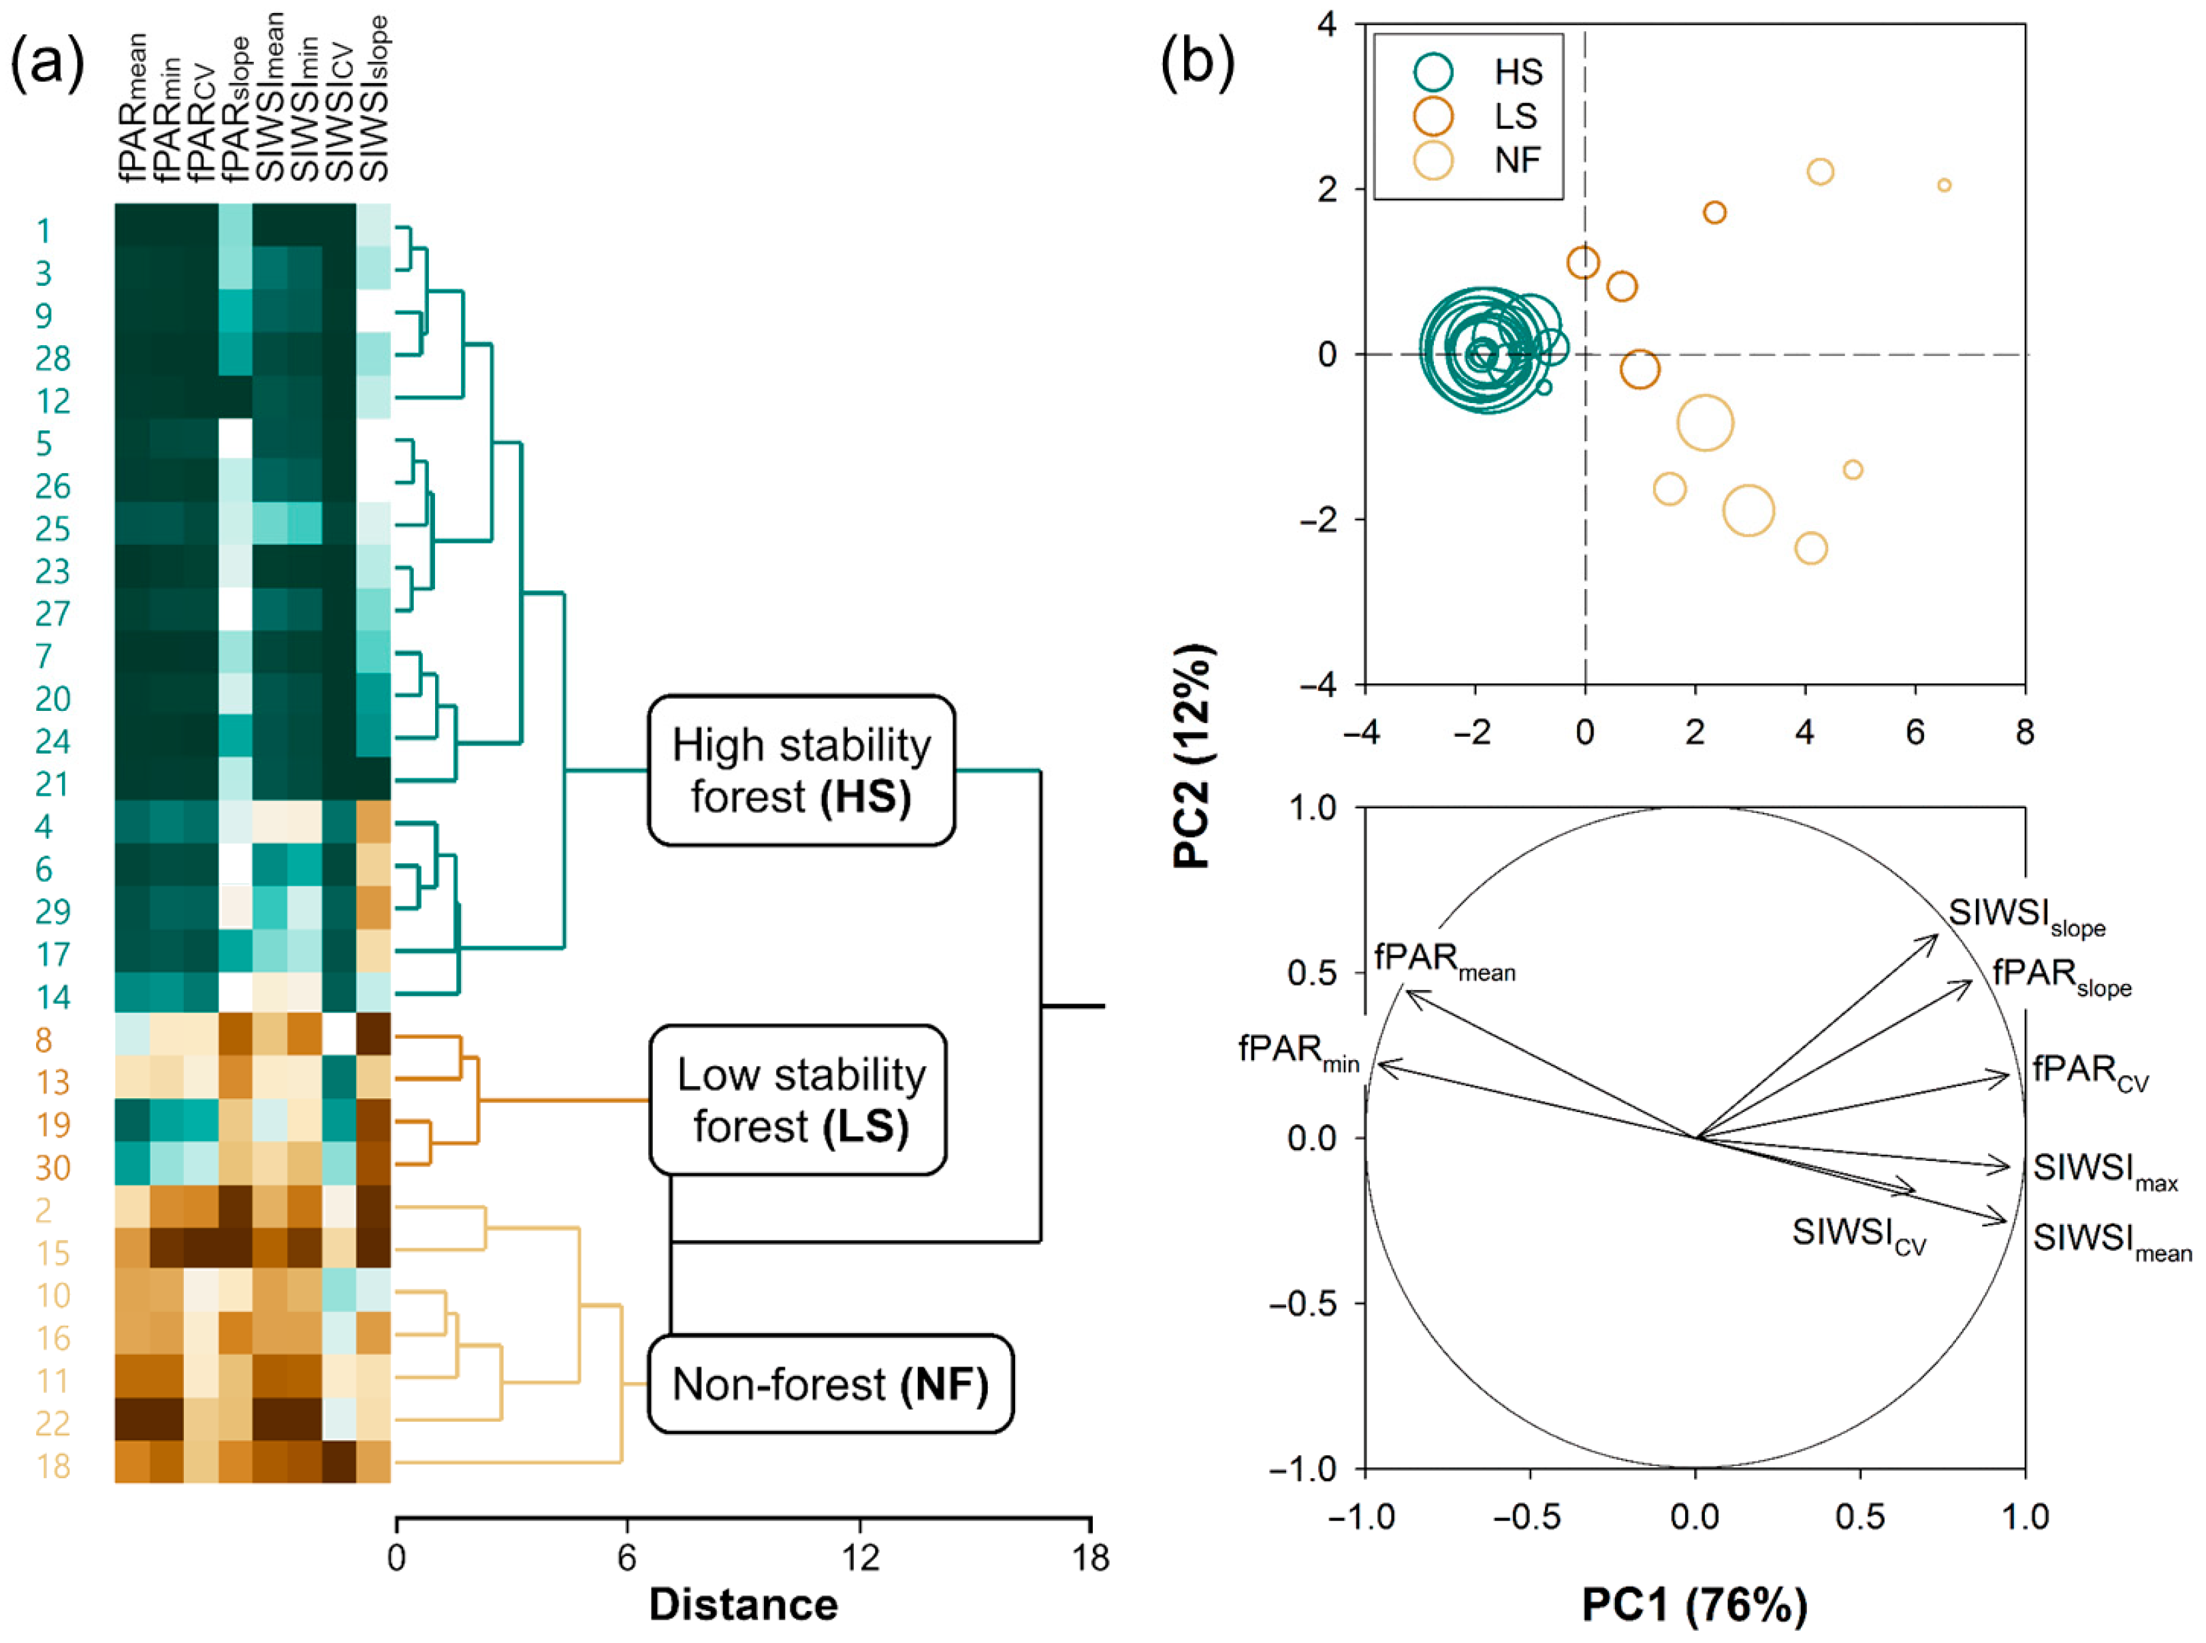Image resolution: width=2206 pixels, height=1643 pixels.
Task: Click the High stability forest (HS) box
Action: coord(801,771)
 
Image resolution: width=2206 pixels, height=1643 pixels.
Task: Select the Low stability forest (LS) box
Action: coord(799,1100)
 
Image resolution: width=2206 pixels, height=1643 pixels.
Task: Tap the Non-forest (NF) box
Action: coord(829,1384)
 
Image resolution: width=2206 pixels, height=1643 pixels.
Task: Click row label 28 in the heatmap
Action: coord(52,358)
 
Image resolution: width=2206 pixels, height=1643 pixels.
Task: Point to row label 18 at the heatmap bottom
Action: coord(52,1466)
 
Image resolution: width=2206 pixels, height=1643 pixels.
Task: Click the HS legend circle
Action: coord(1433,71)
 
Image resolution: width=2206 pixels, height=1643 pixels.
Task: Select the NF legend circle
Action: coord(1433,159)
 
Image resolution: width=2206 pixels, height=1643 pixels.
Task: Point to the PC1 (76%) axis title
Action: coord(1694,1604)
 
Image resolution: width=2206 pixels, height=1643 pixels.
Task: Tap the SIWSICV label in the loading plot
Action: coord(1858,1235)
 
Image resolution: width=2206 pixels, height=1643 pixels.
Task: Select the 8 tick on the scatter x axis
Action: coord(2024,733)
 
